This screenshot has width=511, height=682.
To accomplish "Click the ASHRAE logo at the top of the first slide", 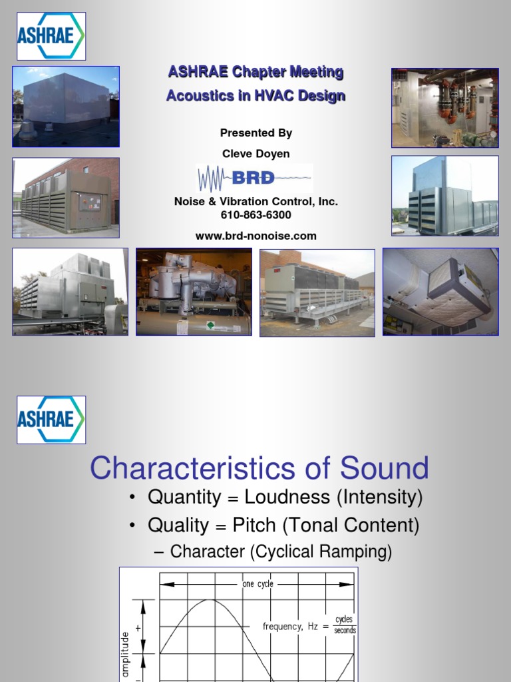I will point(51,36).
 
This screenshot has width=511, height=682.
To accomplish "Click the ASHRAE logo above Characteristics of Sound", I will point(51,420).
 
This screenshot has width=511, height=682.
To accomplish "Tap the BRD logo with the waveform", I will point(255,178).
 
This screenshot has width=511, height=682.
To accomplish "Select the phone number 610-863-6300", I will point(255,215).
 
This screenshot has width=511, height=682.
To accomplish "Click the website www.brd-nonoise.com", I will point(255,236).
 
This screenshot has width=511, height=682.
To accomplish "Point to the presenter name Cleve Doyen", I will point(255,153).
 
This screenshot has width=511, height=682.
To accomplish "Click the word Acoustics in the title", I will point(194,95).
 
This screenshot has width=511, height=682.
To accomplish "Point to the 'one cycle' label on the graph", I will point(257,584).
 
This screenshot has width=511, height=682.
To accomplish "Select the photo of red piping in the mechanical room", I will point(444,107).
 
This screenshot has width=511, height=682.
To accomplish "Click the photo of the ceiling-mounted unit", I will point(440,291).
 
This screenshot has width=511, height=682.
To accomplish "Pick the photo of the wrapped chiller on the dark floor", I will point(194,292).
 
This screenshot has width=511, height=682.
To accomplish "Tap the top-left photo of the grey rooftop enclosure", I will point(66,107).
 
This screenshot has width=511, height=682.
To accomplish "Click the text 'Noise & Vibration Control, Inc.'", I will point(255,202).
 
